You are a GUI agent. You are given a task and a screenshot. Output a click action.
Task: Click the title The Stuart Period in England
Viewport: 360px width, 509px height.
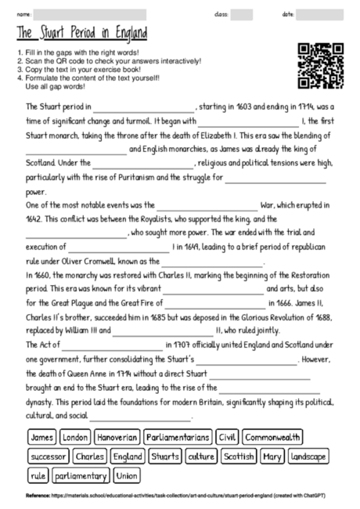(81, 34)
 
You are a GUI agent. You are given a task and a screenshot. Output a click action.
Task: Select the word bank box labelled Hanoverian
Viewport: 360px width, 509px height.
(117, 437)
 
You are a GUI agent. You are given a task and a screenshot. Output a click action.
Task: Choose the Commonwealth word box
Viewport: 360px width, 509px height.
(272, 437)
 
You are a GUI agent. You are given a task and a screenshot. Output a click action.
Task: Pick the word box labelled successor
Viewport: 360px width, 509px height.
(49, 456)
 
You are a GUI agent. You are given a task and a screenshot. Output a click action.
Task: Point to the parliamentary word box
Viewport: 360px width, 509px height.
(81, 475)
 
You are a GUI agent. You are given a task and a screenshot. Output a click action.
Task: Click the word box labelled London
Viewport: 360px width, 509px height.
(75, 437)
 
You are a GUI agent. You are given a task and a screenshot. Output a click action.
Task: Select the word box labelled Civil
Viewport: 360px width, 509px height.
(227, 437)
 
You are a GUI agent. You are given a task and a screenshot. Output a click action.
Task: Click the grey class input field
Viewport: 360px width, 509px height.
(242, 14)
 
